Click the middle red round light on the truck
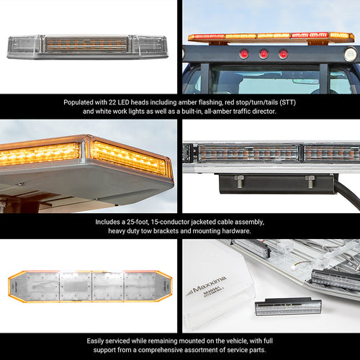coord(264,54)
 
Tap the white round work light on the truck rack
coord(350,54)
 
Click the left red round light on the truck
coord(245,54)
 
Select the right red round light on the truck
coord(283,54)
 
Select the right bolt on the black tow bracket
coord(310,181)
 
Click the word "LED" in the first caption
coord(127,102)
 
